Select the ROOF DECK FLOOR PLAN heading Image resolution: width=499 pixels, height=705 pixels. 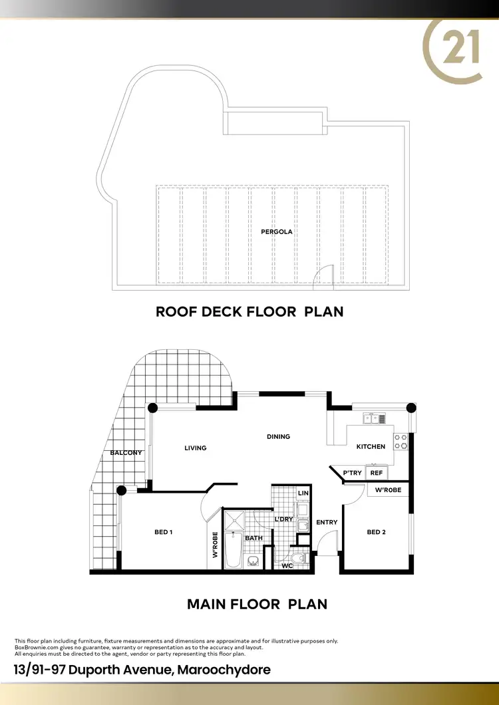(249, 311)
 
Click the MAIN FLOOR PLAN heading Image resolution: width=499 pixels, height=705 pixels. (257, 604)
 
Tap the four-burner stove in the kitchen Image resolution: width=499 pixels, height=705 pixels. (402, 442)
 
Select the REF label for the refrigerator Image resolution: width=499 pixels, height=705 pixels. (377, 473)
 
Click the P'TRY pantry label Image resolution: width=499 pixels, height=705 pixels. (353, 473)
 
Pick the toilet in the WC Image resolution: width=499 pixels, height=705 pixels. (297, 556)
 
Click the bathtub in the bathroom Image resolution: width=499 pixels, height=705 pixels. (233, 549)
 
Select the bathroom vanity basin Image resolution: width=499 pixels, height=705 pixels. (253, 561)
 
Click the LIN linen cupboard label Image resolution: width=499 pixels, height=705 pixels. (303, 493)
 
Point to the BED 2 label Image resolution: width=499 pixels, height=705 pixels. (376, 531)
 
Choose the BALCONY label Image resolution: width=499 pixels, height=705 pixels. (126, 453)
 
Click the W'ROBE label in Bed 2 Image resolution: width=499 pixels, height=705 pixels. (388, 491)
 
